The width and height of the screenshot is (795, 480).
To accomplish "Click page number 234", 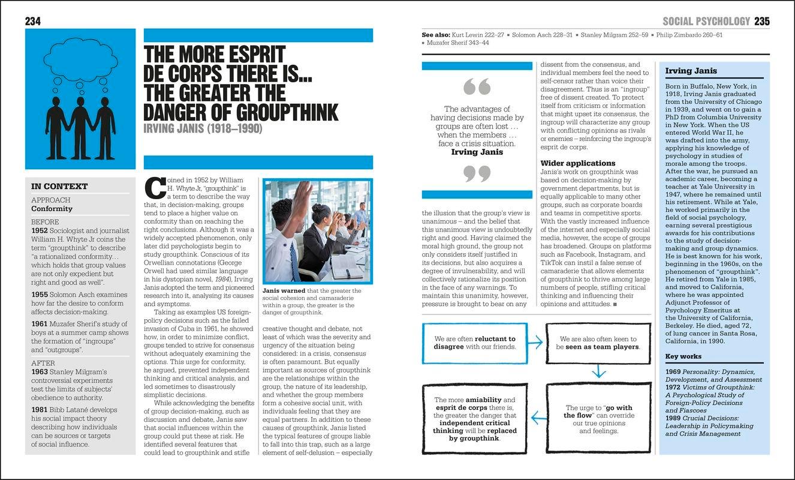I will [x=32, y=21].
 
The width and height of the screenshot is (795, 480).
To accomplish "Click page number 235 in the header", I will [x=762, y=21].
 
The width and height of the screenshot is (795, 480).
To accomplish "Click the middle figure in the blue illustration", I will [x=80, y=123].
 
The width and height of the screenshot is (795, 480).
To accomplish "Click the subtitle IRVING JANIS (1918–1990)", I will [x=203, y=128].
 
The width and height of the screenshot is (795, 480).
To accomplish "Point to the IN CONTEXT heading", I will [x=59, y=186].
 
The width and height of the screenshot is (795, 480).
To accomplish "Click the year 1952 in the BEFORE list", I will [x=39, y=230].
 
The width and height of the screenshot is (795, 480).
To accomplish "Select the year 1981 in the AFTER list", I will [x=39, y=409].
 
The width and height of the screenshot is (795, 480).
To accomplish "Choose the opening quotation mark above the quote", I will [x=477, y=88].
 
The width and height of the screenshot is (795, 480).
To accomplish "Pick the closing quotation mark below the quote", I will [x=477, y=174].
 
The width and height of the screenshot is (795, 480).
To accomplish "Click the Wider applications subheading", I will [x=578, y=163].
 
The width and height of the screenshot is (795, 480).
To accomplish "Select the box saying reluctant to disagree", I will [x=475, y=343].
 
